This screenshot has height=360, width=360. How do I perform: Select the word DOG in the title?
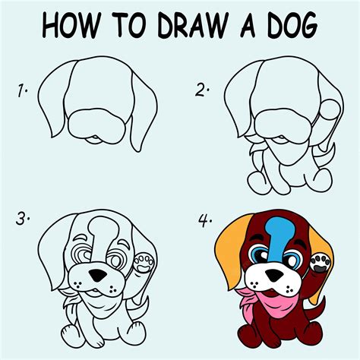click(x=292, y=25)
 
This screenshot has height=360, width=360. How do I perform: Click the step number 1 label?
click(x=22, y=91)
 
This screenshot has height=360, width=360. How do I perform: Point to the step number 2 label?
click(x=202, y=90)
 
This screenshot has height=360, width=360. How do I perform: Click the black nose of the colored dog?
click(x=274, y=275)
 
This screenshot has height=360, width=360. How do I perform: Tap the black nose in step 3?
click(x=98, y=275)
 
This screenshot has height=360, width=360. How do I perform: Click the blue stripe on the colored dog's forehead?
click(x=279, y=238)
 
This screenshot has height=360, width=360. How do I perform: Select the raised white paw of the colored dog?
click(x=321, y=264)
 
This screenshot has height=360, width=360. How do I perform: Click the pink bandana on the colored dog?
click(x=264, y=302)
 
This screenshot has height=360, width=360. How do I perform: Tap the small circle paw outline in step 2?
click(x=330, y=109)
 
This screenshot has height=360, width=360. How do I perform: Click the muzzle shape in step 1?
click(x=97, y=126)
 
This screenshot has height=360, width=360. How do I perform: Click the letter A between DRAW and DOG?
click(x=248, y=25)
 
